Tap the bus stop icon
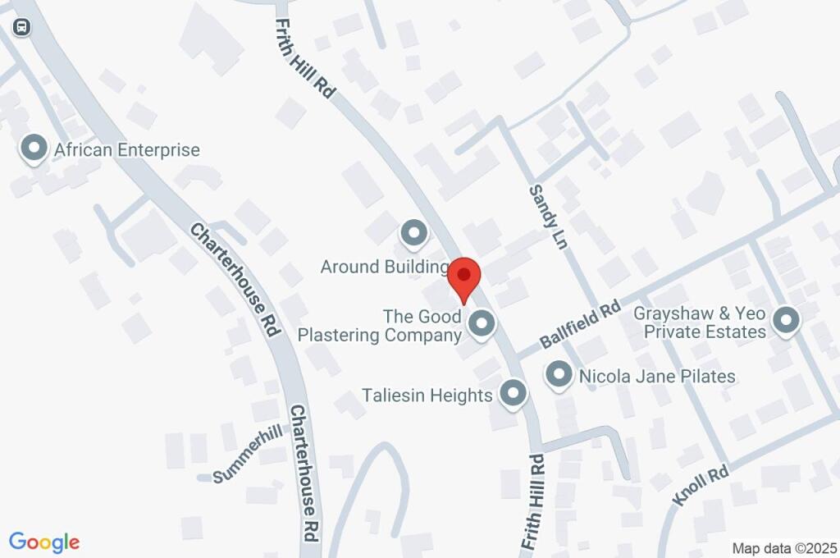coord(22,27)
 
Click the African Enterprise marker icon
coord(34,149)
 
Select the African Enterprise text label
coord(126,150)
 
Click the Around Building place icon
coord(413,234)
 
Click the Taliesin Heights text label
coord(427,396)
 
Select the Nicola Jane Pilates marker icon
coord(559,375)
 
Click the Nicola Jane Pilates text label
coord(657,377)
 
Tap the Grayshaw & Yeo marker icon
coord(786,321)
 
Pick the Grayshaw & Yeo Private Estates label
coord(705,322)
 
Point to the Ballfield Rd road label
coord(579,325)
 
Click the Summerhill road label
coord(248,455)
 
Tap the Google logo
coord(44,542)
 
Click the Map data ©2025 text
coord(784,548)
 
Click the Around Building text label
coord(384,267)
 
